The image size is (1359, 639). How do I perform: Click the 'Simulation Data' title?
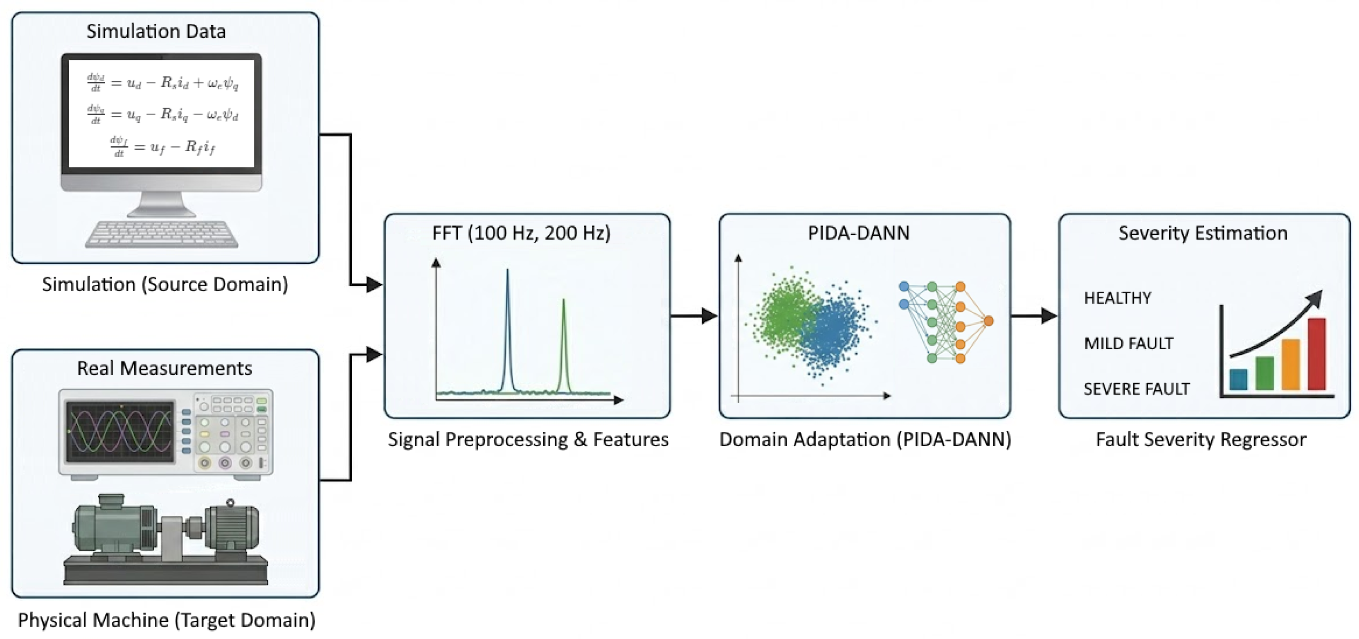click(x=156, y=31)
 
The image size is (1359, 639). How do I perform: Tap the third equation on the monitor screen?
click(x=162, y=146)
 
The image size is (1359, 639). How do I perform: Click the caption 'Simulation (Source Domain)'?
click(x=165, y=284)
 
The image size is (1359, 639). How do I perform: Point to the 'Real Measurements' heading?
click(x=165, y=368)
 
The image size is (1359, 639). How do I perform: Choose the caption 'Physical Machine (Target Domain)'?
click(x=167, y=620)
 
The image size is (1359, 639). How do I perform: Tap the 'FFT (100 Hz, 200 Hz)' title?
click(x=521, y=233)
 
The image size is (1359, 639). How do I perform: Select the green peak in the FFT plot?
click(x=564, y=346)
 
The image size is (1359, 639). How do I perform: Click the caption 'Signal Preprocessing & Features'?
click(x=528, y=440)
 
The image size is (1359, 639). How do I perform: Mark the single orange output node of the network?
click(x=989, y=321)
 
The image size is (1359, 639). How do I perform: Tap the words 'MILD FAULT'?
click(x=1128, y=344)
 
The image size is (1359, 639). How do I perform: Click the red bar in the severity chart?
click(x=1317, y=354)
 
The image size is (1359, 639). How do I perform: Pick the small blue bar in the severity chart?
click(x=1238, y=379)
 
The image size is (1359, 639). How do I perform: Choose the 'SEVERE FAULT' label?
click(x=1137, y=389)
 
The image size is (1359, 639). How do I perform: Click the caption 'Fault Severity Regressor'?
click(x=1201, y=440)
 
